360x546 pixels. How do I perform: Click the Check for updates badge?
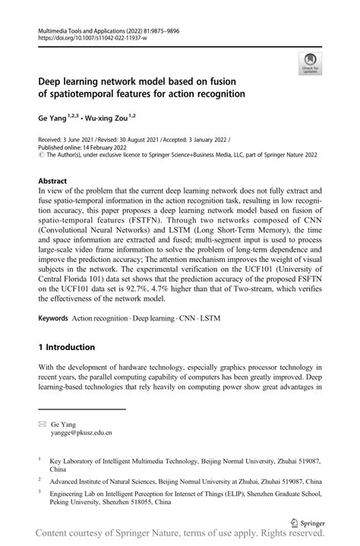308,62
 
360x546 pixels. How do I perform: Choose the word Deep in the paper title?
52,82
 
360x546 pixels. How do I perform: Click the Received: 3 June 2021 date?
72,140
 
